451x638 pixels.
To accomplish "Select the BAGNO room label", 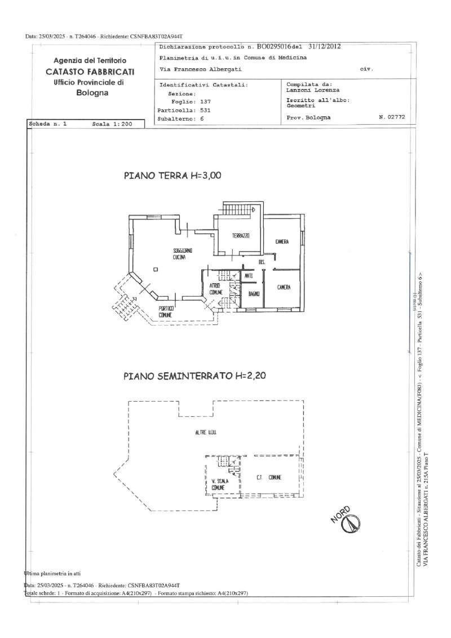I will (253, 294).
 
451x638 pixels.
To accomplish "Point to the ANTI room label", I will (249, 275).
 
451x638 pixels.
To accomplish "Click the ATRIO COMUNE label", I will (216, 289).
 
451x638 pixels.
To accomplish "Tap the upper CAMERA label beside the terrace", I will (282, 242).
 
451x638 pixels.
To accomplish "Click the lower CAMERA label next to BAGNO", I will (284, 288).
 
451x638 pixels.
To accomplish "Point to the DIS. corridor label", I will (262, 262).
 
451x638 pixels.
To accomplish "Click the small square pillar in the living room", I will (156, 269).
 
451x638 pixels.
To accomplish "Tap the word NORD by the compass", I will (341, 514).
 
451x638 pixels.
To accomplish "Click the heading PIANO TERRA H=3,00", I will (173, 175).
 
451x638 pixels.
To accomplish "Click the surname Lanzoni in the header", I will (298, 90).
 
